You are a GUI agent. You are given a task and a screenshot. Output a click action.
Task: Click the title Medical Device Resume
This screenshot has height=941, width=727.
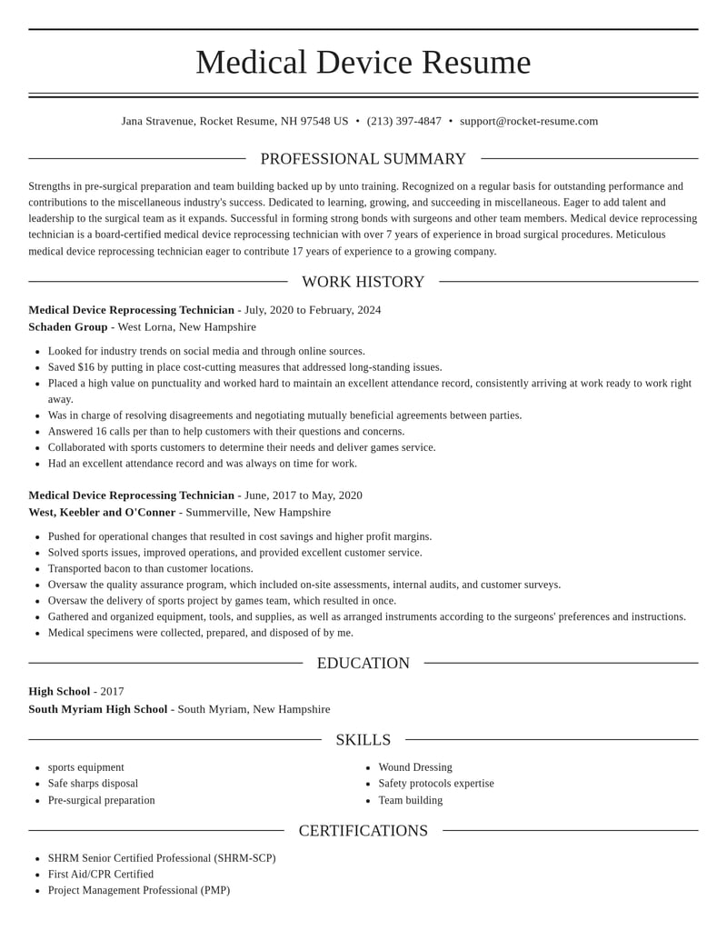click(363, 62)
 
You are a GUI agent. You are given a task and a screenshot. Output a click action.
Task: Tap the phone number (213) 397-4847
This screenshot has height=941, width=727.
click(403, 121)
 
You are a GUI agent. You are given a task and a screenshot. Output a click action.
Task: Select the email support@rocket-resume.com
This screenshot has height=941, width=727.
click(529, 121)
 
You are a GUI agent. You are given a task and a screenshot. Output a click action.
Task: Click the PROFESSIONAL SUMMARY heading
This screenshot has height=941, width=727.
click(363, 159)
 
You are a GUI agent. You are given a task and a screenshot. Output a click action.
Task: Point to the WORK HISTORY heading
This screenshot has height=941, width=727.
click(363, 282)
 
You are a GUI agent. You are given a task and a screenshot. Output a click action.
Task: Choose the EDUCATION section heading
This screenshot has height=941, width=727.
click(363, 664)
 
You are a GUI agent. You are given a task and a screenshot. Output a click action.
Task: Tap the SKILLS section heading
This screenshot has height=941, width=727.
click(363, 740)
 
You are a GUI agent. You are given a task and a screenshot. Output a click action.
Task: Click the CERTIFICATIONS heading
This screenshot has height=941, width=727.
click(363, 831)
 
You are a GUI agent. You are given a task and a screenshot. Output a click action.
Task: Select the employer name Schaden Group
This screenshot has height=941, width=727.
click(68, 327)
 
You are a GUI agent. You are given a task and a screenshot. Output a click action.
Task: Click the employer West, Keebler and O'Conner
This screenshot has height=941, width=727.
click(102, 513)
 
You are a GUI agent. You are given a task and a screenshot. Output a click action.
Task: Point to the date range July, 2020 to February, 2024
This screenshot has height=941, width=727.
click(313, 310)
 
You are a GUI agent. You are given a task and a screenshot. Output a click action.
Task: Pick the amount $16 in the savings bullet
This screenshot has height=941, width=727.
click(86, 367)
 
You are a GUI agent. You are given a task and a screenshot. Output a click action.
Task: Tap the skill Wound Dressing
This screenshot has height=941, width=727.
click(415, 767)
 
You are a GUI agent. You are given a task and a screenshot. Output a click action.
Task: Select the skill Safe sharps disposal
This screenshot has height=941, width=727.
click(93, 784)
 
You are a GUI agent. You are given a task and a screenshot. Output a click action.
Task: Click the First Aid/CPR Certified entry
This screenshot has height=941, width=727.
click(101, 875)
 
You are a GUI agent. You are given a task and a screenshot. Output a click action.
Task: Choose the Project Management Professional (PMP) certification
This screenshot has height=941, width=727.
click(139, 891)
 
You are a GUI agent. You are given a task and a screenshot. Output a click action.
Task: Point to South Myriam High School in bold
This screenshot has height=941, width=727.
click(98, 709)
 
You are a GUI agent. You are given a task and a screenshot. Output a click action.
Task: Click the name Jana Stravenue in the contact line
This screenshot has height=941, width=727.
click(157, 121)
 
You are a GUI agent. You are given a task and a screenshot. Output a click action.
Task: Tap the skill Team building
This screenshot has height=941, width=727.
click(411, 801)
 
